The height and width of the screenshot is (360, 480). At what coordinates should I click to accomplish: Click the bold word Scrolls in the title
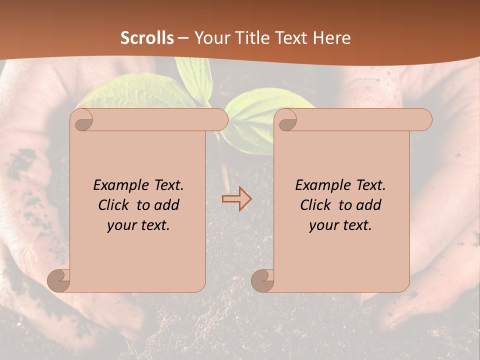point(147,38)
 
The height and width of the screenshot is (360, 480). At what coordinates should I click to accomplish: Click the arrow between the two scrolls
point(236,199)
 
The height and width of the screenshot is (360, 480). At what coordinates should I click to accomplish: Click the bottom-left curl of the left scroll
point(59,280)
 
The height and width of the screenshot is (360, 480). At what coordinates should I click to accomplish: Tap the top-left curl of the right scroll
point(287,120)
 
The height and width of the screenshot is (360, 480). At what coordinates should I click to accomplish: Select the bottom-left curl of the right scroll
point(263,280)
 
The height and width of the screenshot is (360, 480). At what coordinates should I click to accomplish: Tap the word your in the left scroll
point(122,225)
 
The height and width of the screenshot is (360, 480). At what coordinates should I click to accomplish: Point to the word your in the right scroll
point(324,225)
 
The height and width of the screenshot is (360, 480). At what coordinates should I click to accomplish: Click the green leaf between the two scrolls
point(250,112)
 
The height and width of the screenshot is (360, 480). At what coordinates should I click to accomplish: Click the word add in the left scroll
point(167,205)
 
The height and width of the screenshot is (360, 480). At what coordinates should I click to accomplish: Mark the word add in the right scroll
point(369,205)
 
